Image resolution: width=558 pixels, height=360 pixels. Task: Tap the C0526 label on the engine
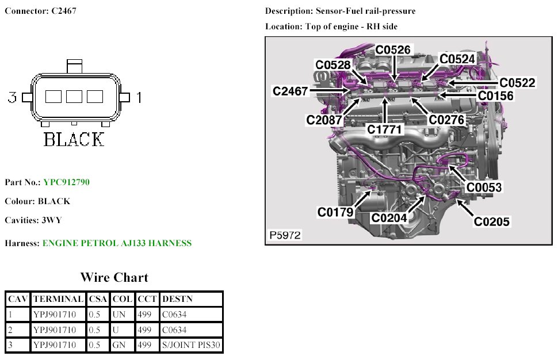393,50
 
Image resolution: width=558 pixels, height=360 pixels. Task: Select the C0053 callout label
483,187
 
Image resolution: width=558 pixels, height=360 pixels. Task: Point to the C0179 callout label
335,212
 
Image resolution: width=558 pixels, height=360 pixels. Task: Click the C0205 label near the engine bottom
491,221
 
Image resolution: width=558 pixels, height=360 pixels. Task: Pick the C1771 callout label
385,130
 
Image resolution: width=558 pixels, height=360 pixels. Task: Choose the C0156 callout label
495,96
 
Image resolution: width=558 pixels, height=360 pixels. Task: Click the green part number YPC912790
66,182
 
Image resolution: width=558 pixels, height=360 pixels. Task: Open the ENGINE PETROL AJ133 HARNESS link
117,243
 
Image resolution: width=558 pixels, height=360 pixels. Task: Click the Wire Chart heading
114,277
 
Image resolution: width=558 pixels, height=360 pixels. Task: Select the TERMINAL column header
58,299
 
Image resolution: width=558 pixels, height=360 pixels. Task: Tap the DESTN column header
178,299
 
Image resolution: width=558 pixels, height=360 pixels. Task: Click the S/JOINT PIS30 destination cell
192,345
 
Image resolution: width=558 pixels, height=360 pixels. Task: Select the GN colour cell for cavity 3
119,345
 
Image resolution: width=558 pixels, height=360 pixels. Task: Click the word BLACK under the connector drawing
74,139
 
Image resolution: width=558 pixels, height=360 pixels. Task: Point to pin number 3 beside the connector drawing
12,97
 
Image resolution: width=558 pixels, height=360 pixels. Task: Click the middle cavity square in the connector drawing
74,97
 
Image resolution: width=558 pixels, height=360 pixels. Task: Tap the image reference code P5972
285,235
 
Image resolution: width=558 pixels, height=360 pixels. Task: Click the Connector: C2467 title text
40,11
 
